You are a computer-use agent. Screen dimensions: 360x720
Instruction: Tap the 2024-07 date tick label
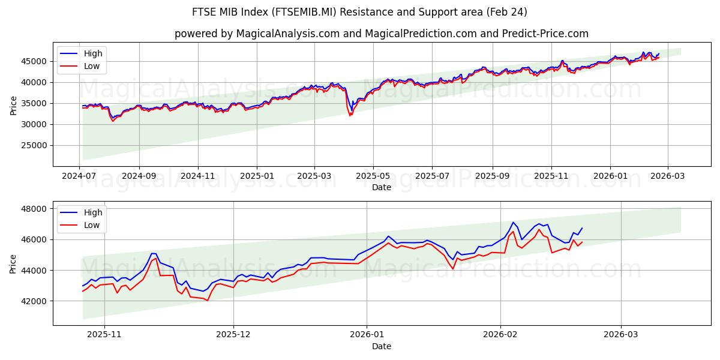pos(80,176)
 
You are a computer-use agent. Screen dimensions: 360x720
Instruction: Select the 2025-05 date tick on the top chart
pos(373,176)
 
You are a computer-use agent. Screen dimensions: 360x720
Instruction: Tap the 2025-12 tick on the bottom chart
pos(233,335)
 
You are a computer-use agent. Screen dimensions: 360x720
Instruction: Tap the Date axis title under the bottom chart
pos(382,346)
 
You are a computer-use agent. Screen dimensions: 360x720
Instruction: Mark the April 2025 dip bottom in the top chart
pos(350,115)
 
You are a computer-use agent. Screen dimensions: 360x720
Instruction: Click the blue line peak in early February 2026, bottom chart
pos(513,223)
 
